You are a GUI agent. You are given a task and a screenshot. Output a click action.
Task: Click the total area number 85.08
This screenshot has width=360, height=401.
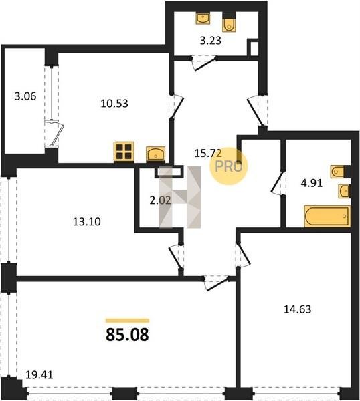[127, 335]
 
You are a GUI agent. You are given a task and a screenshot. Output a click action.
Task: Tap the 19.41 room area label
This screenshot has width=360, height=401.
[39, 375]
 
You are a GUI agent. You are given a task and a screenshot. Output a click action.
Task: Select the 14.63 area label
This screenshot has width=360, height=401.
[298, 309]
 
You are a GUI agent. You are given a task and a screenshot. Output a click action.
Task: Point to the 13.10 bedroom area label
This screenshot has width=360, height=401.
[87, 221]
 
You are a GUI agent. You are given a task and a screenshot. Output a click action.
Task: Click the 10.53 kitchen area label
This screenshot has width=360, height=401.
[114, 104]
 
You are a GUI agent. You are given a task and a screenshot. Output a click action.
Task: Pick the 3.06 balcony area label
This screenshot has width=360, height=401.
[25, 96]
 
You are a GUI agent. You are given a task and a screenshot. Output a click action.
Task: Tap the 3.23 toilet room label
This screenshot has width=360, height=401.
[211, 41]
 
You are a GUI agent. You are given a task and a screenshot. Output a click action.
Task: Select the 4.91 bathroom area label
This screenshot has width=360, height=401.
[312, 183]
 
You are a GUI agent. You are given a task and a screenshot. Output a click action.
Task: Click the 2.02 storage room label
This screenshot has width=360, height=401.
[160, 200]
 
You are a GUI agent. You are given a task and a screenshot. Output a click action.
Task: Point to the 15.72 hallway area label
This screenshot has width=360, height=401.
[208, 153]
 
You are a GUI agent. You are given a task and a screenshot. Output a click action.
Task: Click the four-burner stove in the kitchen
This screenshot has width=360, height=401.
[124, 152]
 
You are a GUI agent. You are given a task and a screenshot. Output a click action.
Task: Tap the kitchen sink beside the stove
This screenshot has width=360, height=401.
[155, 154]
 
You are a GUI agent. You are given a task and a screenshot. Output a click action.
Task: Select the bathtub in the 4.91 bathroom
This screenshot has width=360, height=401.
[327, 216]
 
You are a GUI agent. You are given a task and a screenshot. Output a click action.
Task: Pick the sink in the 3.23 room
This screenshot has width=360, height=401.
[203, 19]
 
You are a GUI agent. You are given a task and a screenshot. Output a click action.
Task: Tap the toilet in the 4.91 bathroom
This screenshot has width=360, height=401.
[337, 172]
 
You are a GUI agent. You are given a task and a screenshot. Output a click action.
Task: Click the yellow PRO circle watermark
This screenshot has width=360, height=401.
[229, 166]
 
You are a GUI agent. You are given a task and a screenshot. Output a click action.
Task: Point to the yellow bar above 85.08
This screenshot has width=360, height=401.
[128, 321]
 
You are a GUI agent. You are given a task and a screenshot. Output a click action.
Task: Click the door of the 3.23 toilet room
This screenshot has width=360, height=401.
[204, 63]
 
